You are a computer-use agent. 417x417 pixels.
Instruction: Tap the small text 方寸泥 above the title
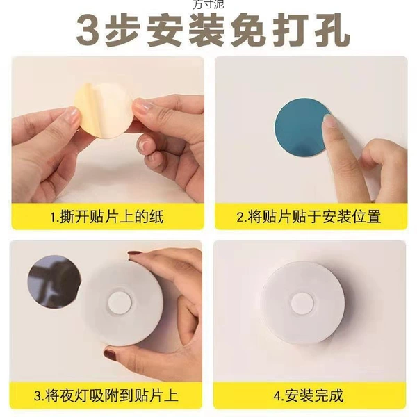pos(208,4)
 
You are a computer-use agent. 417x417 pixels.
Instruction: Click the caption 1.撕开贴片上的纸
pos(107,217)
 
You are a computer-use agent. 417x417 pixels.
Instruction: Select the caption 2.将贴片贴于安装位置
pos(309,217)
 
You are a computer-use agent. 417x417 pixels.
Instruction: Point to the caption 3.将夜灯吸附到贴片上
pos(106,395)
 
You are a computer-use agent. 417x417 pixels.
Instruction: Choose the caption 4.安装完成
pos(309,395)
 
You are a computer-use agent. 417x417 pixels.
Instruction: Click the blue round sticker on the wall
pos(300,127)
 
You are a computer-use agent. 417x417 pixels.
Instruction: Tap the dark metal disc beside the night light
pos(54,282)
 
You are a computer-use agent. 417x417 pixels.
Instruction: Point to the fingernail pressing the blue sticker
pos(329,122)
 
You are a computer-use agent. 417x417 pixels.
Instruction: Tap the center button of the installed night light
pos(303,303)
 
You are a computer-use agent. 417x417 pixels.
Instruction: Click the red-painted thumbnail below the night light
pos(110,354)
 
